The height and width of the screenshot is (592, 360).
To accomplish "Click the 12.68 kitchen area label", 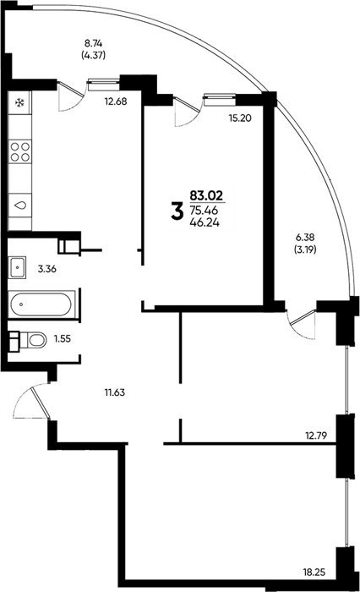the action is (x=116, y=101).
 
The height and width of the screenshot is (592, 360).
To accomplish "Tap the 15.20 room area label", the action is (x=240, y=118).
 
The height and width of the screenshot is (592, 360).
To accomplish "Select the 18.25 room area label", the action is (x=314, y=573).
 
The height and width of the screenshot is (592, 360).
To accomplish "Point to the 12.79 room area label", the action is (x=315, y=436).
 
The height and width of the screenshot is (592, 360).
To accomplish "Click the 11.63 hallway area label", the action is (x=115, y=392).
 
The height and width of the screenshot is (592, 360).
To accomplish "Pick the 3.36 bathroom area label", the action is (x=47, y=269).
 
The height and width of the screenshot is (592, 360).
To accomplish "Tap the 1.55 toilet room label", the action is (x=63, y=338).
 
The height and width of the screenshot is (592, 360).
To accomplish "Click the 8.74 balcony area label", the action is (x=93, y=43).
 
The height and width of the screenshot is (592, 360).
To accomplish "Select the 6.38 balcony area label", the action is (x=305, y=237).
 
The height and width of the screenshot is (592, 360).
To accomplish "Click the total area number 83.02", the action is (x=206, y=195).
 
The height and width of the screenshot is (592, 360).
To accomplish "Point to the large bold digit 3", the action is (x=177, y=211).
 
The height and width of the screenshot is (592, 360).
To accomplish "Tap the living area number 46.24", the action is (x=205, y=222).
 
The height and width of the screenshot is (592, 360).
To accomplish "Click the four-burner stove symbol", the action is (x=20, y=151).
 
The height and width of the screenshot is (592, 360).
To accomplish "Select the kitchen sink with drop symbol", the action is (x=20, y=205).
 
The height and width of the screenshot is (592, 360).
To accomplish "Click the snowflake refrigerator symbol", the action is (x=20, y=102).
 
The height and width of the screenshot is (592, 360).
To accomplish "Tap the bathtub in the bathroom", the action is (x=42, y=304).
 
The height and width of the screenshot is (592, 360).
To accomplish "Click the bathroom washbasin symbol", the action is (x=18, y=267).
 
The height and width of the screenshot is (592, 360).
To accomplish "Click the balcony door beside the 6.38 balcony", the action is (x=302, y=324).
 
